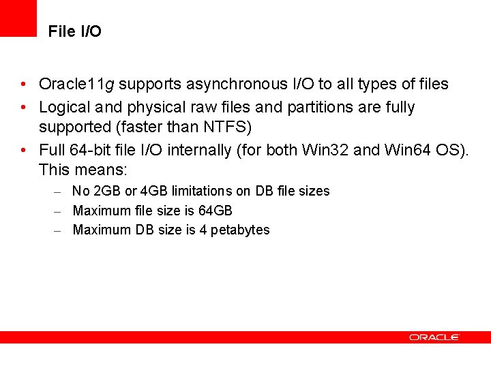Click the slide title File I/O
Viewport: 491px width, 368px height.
point(75,32)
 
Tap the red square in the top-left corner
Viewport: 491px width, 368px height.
point(18,18)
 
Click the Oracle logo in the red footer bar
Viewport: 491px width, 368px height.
point(434,337)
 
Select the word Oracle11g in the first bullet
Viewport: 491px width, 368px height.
point(76,85)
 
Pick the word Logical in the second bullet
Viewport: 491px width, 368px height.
point(64,108)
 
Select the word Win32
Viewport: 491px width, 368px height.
point(327,150)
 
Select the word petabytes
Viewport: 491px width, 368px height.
point(240,230)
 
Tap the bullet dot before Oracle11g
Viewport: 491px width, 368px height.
point(24,85)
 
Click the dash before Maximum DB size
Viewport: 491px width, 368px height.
point(59,230)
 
